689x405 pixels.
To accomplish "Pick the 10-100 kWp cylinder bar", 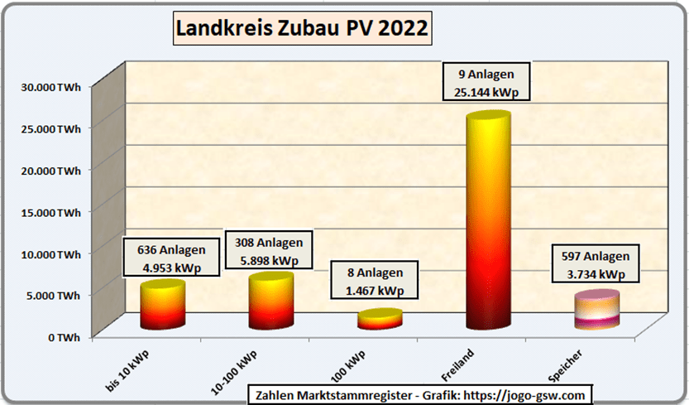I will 270,301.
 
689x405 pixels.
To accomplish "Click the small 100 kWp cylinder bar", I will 380,320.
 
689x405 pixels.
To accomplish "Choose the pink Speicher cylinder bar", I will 597,311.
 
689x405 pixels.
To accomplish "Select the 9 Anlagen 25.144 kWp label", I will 486,81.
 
